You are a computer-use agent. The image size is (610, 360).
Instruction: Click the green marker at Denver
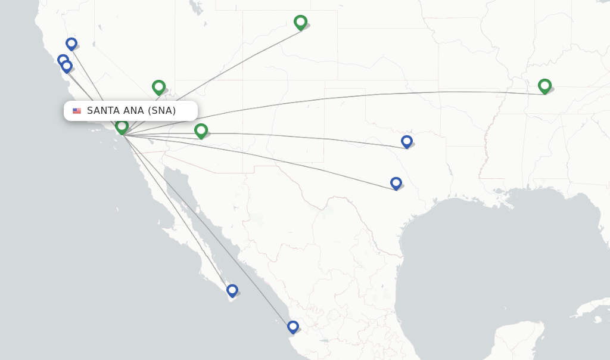coord(300,22)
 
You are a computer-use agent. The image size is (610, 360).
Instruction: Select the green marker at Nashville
coord(544,86)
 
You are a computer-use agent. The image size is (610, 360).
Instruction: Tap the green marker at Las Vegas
coord(158,87)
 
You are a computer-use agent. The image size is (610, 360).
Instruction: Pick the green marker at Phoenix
coord(201,130)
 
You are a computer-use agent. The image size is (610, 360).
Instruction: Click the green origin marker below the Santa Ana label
coord(122,126)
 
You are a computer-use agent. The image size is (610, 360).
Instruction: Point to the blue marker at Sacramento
coord(71,44)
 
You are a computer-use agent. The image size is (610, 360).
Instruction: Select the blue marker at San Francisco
coord(63,60)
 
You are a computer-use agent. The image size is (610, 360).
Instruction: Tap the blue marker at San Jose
coord(67,66)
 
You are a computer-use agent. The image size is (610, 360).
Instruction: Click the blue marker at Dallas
coord(407,141)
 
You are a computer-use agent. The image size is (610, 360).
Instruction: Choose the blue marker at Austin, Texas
coord(396,182)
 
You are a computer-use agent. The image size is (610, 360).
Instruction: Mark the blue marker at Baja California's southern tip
coord(232,290)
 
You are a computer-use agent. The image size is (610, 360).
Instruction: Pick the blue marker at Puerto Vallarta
coord(292,327)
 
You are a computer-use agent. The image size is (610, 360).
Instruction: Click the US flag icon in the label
coord(77,111)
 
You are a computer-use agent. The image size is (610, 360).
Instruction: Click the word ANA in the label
coord(133,111)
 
